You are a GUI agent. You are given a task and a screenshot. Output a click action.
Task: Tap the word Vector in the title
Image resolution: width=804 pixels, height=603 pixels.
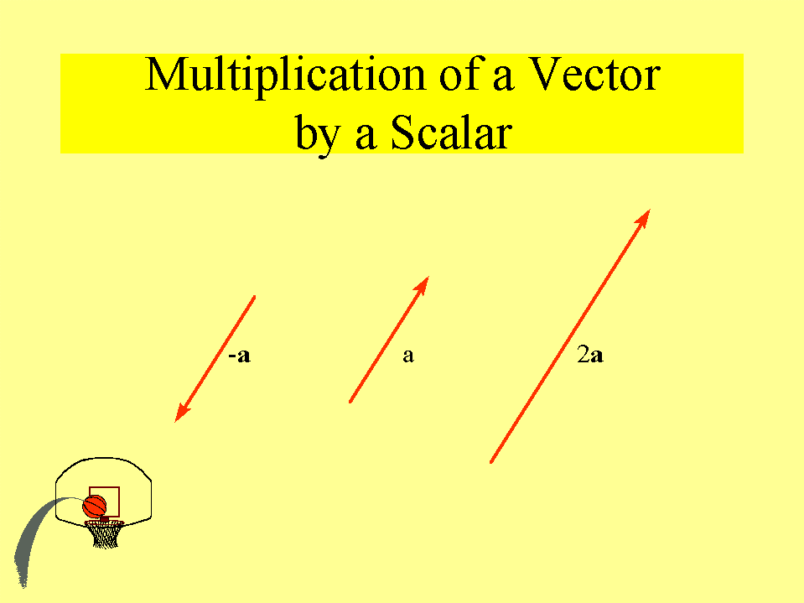click(594, 75)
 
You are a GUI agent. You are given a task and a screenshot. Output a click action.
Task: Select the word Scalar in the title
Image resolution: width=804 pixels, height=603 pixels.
click(451, 133)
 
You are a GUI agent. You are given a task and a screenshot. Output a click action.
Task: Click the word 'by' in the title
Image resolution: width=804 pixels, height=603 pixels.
click(318, 134)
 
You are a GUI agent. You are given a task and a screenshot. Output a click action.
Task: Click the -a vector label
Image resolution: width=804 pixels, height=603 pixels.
click(240, 356)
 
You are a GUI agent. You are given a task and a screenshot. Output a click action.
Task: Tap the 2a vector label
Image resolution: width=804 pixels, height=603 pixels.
click(590, 355)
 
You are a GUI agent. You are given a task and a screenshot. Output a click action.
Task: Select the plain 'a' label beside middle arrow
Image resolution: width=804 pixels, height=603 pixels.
click(408, 356)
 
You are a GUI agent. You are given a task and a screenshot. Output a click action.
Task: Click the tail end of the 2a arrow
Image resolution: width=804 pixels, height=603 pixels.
click(491, 462)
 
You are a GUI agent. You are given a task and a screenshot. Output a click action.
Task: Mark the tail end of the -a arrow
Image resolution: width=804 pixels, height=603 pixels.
click(254, 296)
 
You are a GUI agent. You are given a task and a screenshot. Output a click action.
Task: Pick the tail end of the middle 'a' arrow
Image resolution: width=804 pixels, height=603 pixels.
click(350, 402)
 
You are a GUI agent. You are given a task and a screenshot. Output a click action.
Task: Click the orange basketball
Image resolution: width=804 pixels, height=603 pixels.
click(95, 507)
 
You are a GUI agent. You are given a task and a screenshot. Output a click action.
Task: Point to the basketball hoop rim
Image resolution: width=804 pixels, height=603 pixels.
click(104, 523)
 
